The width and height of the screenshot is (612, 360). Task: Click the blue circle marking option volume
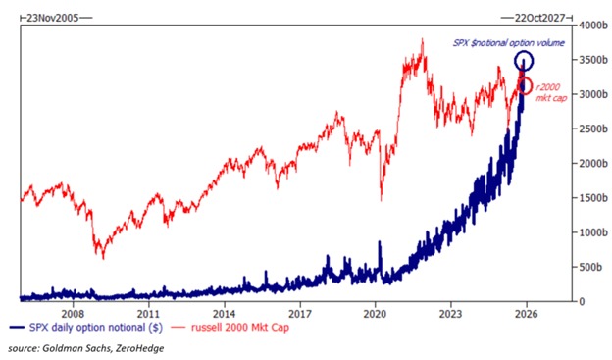click(525, 61)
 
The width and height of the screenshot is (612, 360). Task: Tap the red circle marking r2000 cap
click(526, 86)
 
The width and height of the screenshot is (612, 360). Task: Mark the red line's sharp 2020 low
click(380, 201)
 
